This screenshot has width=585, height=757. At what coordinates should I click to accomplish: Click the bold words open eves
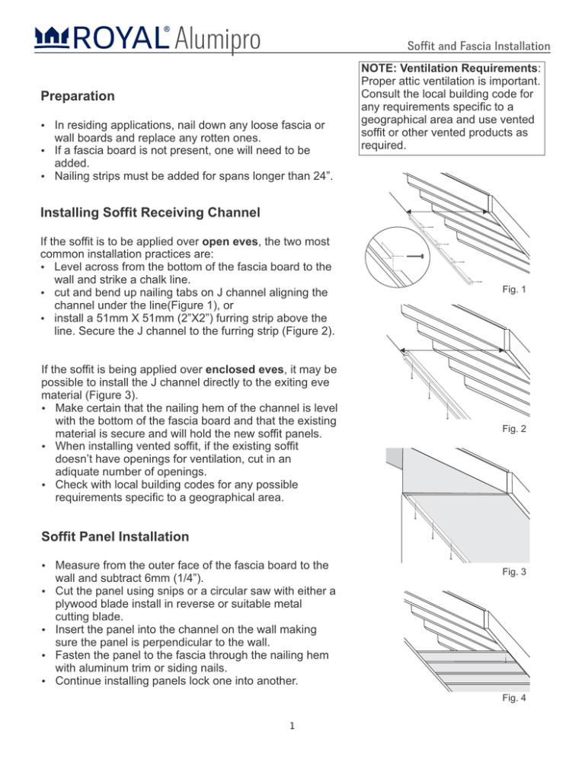tap(225, 239)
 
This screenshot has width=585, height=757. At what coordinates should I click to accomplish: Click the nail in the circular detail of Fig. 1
tap(411, 257)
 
